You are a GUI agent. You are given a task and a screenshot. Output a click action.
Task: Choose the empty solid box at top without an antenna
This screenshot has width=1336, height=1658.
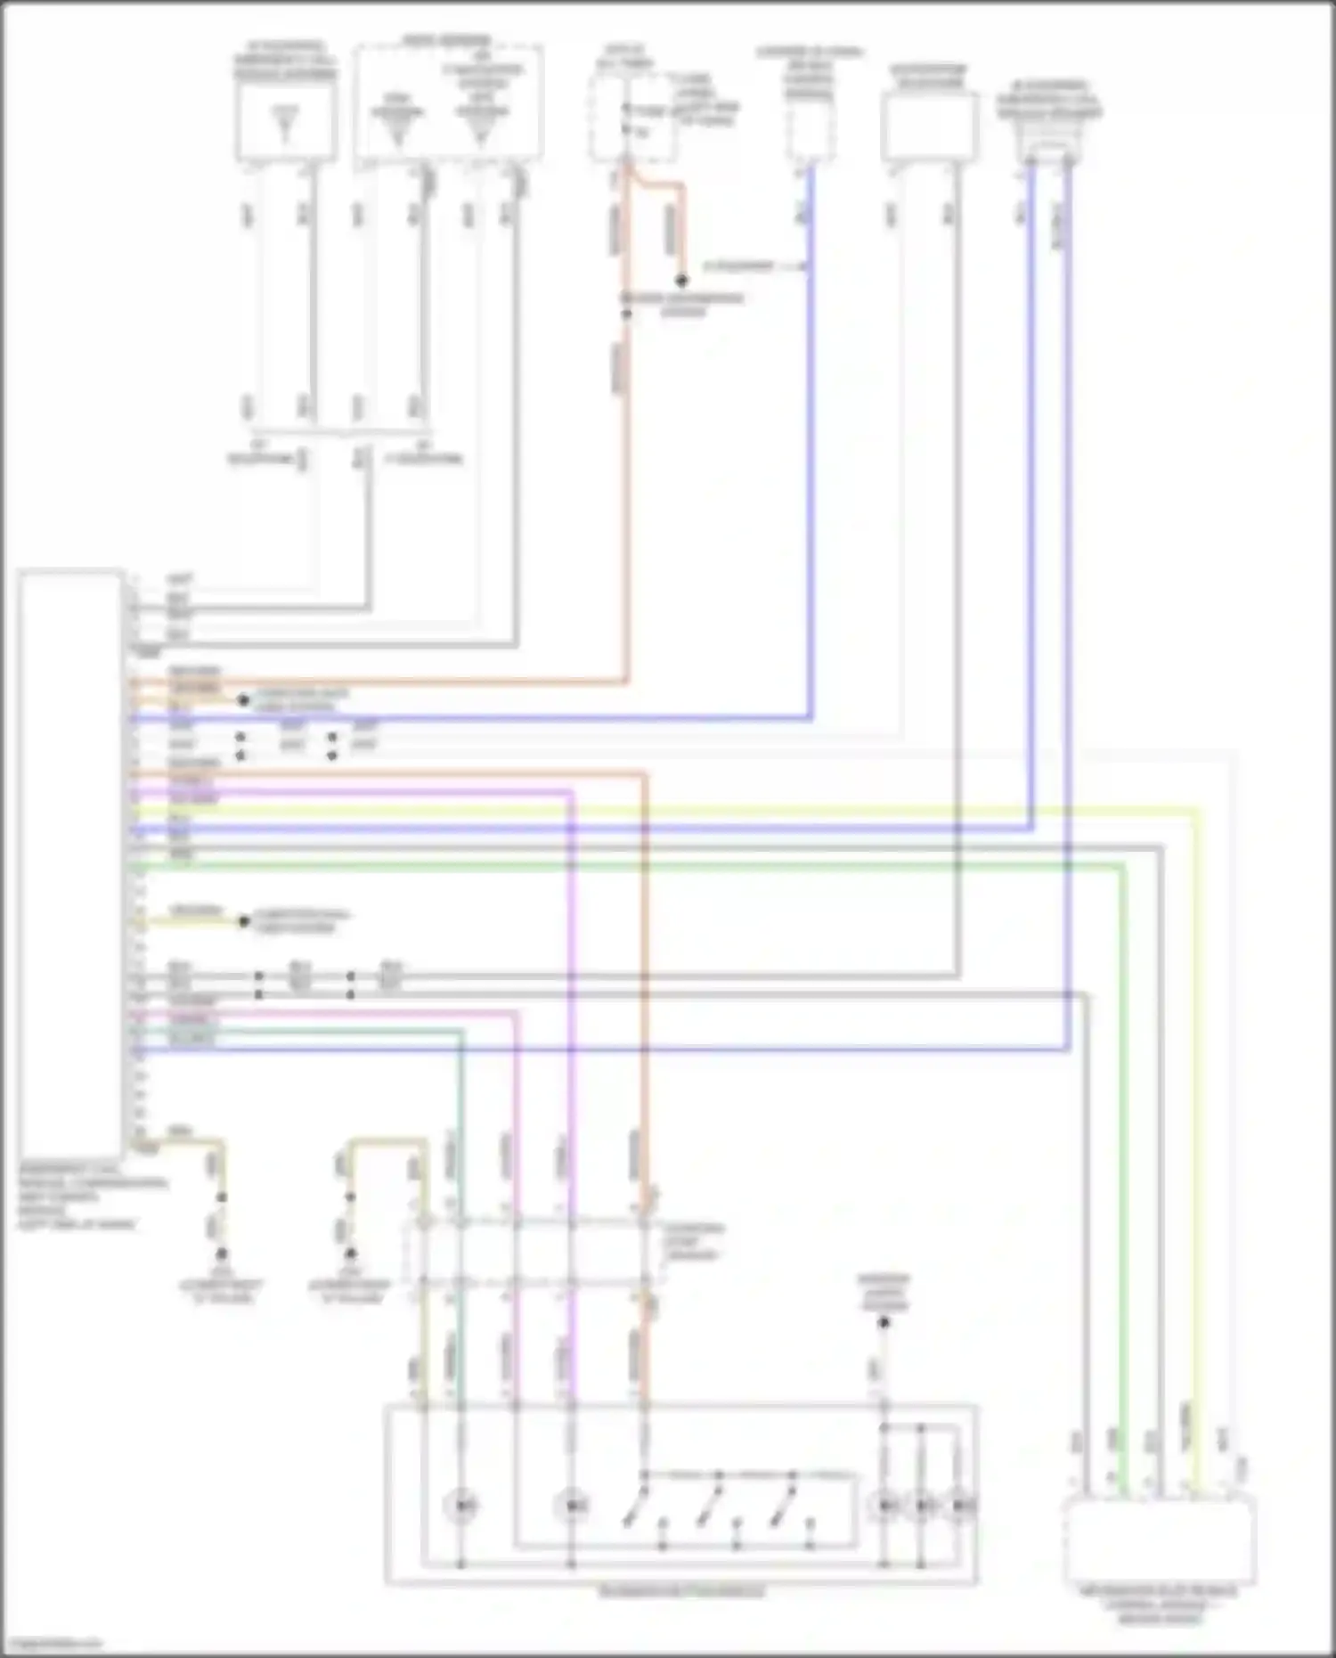(929, 127)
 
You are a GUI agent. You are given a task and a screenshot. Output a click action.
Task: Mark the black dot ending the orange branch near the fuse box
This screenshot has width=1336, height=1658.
(681, 281)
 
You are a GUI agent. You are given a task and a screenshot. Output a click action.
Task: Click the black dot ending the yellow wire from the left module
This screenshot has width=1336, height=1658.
(243, 921)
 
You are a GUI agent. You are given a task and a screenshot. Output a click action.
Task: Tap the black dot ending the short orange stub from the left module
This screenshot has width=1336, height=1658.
(242, 700)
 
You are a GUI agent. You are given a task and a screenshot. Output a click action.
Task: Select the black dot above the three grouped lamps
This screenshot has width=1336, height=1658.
(884, 1323)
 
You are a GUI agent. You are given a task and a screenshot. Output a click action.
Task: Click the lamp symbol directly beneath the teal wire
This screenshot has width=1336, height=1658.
(461, 1506)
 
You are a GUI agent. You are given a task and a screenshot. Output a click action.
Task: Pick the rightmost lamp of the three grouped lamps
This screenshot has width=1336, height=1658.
(960, 1506)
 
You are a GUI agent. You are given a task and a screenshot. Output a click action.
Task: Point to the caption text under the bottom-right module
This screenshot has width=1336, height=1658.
(1159, 1604)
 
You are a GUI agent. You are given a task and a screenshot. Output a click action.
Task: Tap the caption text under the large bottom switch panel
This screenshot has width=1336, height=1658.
(681, 1591)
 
